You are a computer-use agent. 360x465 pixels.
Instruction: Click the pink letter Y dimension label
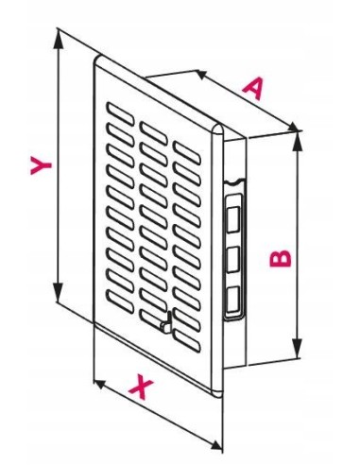coord(41,165)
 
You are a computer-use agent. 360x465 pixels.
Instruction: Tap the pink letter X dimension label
coord(141,386)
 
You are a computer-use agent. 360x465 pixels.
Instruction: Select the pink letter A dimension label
coord(253,89)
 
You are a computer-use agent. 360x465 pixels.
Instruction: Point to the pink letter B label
coord(280,258)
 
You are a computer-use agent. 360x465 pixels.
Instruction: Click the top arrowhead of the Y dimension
coord(58,40)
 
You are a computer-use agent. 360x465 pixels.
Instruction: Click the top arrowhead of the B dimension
coord(297,142)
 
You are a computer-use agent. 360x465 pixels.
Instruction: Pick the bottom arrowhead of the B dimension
coord(297,349)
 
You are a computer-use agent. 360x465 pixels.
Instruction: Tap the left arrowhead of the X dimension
coord(100,384)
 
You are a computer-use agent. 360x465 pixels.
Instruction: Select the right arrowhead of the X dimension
coord(216,445)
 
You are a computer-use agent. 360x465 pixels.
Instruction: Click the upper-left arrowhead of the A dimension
coord(202,75)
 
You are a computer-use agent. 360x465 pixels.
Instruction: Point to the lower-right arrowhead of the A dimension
coord(292,127)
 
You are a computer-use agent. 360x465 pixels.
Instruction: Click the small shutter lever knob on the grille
coord(166,324)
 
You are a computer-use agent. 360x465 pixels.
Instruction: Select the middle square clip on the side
coord(232,259)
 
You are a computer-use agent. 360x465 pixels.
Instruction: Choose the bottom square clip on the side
coord(232,299)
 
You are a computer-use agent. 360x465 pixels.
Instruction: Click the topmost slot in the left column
coord(120,113)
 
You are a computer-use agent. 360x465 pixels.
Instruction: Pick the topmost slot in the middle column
coord(153,133)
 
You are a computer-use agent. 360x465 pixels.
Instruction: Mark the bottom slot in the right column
coord(187,340)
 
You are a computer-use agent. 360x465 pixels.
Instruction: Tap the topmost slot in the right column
coord(187,153)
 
